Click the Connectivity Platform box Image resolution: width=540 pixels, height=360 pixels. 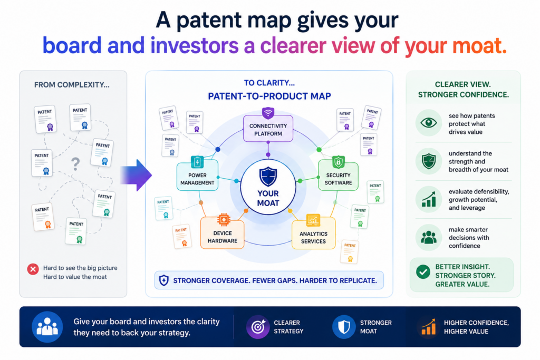click(x=268, y=129)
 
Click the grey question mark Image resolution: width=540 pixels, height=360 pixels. click(x=75, y=164)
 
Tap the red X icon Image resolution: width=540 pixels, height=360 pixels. click(x=33, y=269)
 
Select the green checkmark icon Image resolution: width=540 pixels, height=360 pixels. click(x=423, y=271)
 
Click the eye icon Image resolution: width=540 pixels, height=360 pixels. click(x=428, y=122)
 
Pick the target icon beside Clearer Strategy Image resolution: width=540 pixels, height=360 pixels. click(x=258, y=327)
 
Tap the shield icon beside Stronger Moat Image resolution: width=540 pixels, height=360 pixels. click(x=344, y=327)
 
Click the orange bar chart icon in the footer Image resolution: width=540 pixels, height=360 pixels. click(x=429, y=327)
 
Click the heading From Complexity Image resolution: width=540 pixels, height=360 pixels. click(x=72, y=85)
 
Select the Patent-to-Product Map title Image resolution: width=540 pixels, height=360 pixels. click(x=269, y=96)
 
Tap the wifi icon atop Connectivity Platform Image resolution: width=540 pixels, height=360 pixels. click(x=268, y=113)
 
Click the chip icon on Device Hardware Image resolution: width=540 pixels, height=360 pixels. click(x=224, y=219)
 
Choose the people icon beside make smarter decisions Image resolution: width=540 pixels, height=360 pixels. click(x=428, y=238)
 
